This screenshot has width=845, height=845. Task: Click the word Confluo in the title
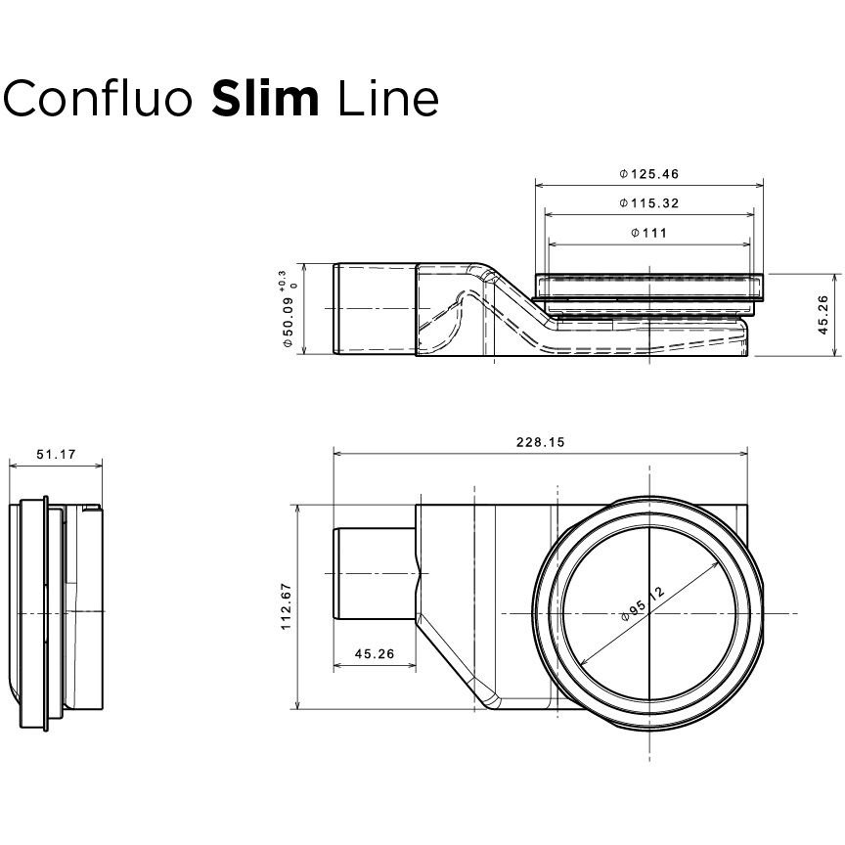click(99, 98)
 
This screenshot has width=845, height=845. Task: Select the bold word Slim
click(264, 98)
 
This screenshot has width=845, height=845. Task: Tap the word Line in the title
click(387, 98)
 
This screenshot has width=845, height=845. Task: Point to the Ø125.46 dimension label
click(648, 174)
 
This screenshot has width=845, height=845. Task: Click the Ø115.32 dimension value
click(648, 203)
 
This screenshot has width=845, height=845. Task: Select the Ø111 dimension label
click(648, 233)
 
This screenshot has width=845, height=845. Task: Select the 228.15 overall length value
click(540, 443)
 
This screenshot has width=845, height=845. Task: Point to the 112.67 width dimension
click(287, 606)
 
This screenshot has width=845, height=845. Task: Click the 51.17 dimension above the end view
click(56, 455)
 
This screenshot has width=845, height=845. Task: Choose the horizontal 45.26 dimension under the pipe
click(375, 655)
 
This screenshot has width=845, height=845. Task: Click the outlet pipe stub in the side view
click(374, 310)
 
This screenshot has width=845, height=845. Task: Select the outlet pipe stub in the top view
click(375, 575)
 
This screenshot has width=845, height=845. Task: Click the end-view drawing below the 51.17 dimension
click(59, 613)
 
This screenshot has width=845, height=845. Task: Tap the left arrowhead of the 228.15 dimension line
click(338, 453)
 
